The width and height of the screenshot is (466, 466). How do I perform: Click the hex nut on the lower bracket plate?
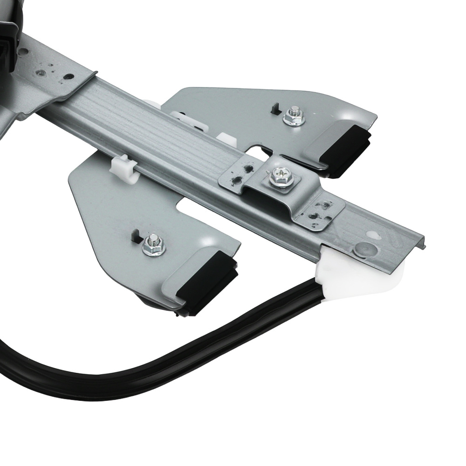153,245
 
